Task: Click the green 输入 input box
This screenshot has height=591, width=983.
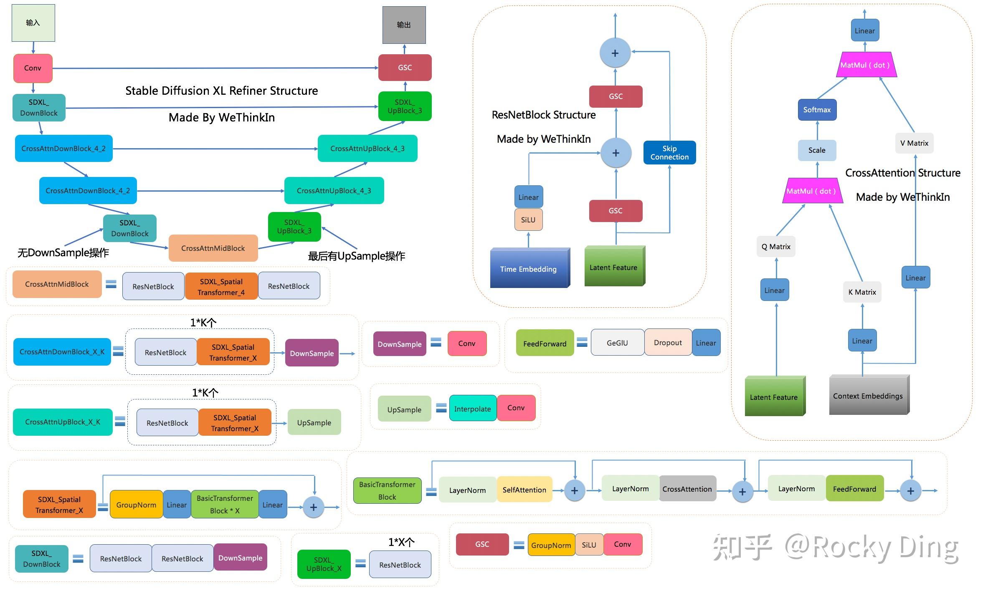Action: coord(33,23)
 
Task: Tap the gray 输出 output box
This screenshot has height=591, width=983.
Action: coord(404,25)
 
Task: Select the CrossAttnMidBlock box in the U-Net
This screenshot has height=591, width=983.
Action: coord(213,248)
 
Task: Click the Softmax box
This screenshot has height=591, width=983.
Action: coord(817,110)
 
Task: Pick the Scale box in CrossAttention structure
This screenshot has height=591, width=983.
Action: coord(817,150)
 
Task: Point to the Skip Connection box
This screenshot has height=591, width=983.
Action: coord(669,153)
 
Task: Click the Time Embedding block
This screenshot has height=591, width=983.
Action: coord(529,268)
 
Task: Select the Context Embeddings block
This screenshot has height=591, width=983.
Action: coord(868,395)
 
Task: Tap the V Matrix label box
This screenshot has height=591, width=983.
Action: coord(914,143)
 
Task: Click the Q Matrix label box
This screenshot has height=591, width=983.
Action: coord(776,247)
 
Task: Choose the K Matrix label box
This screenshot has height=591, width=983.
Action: coord(862,292)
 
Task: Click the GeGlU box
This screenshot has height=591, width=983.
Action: coord(617,343)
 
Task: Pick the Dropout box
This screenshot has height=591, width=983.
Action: coord(668,343)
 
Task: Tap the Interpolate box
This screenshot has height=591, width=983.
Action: coord(472,409)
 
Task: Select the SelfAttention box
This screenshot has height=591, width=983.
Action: coord(524,490)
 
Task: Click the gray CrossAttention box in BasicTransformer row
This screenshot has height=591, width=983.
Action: coord(687,489)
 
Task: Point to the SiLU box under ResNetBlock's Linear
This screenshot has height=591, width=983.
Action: coord(528,220)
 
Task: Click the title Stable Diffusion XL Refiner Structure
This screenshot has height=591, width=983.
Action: coord(221,91)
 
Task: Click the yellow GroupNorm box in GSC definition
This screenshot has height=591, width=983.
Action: coord(551,545)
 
